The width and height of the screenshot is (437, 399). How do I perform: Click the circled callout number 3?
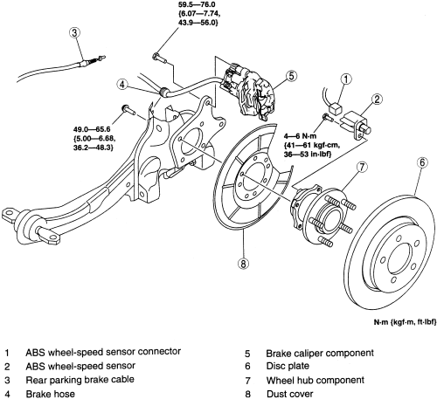(76, 34)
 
